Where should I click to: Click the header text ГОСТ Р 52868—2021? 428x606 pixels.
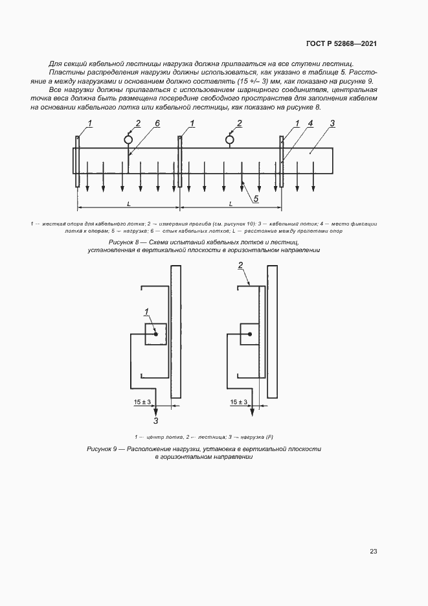(341, 43)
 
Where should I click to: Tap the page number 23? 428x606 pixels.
(374, 552)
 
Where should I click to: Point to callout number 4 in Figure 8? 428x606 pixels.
(310, 123)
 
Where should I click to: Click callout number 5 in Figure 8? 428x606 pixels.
(256, 198)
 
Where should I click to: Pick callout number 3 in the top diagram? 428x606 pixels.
(332, 123)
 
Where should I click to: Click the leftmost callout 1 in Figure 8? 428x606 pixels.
(89, 123)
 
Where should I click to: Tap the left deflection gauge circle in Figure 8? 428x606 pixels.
(128, 139)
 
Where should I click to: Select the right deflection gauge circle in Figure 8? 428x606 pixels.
(230, 139)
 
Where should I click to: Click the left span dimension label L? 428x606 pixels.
(128, 204)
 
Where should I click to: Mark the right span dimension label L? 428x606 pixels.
(230, 204)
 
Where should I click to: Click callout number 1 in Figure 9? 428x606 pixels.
(147, 312)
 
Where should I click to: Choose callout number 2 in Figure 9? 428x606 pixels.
(240, 265)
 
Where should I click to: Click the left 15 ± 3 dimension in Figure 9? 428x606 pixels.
(142, 402)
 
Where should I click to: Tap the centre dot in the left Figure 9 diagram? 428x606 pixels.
(156, 334)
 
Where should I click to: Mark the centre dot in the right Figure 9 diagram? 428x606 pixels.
(250, 334)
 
